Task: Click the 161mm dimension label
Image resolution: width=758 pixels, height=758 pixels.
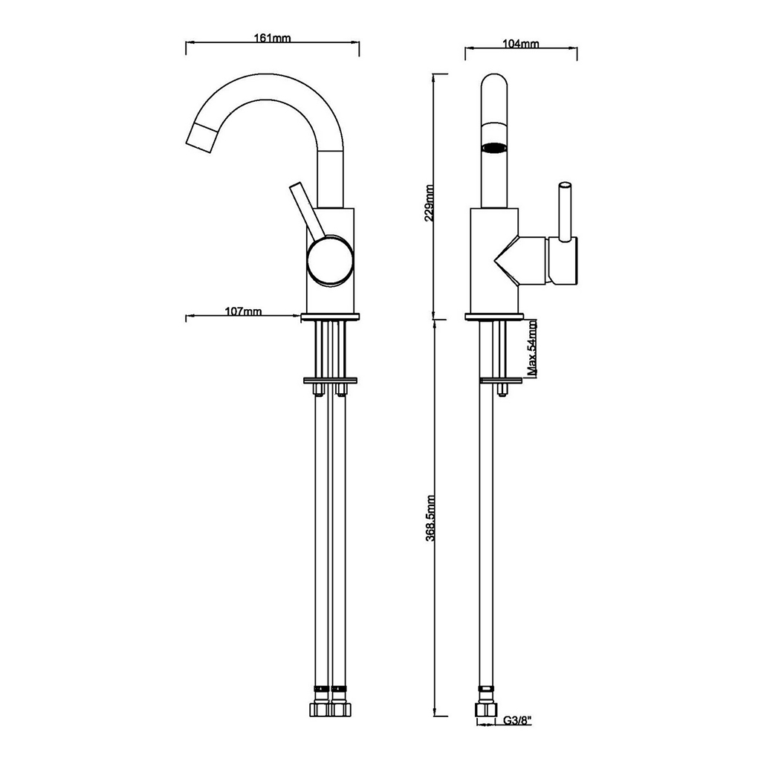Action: [x=273, y=38]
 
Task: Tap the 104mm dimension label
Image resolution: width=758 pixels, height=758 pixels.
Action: [x=521, y=44]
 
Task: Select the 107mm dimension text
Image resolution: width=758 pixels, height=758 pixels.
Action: [x=243, y=311]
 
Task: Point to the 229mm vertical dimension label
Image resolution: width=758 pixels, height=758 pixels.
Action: [x=430, y=203]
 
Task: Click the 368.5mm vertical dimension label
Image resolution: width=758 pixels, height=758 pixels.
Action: [x=430, y=517]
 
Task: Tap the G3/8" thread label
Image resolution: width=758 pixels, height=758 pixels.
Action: [x=518, y=721]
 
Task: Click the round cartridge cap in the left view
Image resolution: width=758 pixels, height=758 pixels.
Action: [x=330, y=261]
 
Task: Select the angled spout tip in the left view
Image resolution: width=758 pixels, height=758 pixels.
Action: [x=201, y=137]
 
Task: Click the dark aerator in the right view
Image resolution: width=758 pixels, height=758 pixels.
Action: [x=494, y=147]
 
